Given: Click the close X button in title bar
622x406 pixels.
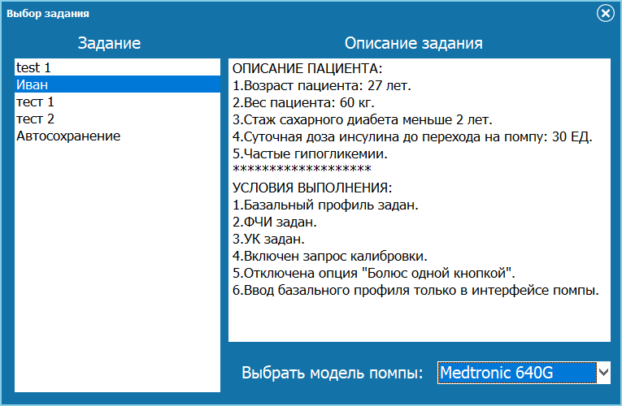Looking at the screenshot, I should [x=605, y=13].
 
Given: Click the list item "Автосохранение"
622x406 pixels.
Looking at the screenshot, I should [x=68, y=136].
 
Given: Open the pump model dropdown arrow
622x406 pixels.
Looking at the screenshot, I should [x=603, y=373].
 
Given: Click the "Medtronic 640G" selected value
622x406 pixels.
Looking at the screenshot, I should [x=496, y=373].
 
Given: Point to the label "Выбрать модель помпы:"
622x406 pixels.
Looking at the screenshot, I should [x=333, y=374].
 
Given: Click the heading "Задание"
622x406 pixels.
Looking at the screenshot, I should [x=109, y=43].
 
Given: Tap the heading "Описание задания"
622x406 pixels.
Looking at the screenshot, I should [x=414, y=43].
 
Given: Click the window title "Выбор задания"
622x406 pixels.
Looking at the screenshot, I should [x=48, y=14].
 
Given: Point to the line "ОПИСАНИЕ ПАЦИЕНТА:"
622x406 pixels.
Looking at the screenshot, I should [x=307, y=67].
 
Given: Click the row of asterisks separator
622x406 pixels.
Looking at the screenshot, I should [x=302, y=170].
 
